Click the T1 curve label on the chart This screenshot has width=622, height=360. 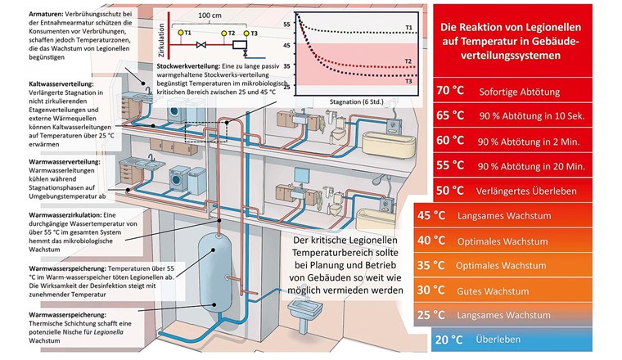tap(410, 29)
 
